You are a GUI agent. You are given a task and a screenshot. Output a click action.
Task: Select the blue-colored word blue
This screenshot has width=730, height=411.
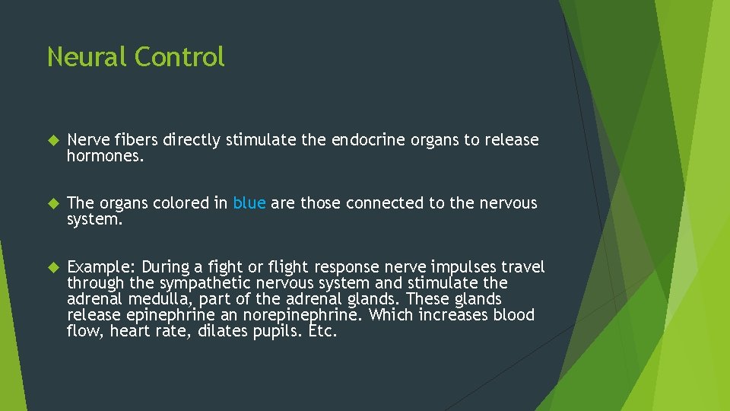[x=249, y=203]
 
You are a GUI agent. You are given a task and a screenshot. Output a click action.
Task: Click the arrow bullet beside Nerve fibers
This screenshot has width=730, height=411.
[x=52, y=141]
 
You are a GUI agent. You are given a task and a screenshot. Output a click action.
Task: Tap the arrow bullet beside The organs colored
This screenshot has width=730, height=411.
[x=52, y=204]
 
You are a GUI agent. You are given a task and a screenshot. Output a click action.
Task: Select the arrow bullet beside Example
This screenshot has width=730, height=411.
[x=52, y=267]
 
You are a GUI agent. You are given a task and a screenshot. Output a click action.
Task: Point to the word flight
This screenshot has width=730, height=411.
[x=285, y=267]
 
